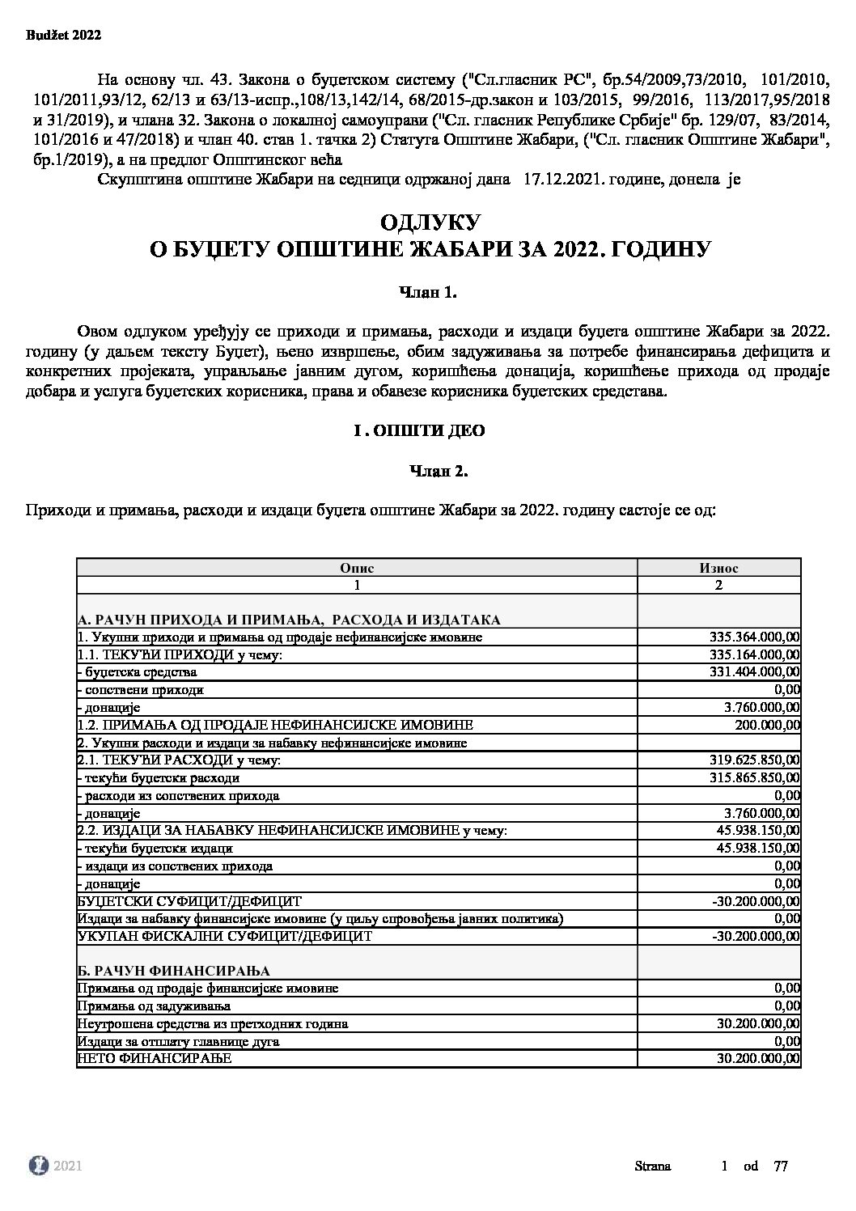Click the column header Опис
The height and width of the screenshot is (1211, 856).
(357, 568)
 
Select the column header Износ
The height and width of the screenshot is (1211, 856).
(718, 568)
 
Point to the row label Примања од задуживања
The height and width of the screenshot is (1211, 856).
(154, 1006)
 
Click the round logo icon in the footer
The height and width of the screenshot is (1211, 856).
(38, 1166)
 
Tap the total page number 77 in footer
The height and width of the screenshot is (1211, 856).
(781, 1167)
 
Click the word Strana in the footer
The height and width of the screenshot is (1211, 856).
(652, 1167)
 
